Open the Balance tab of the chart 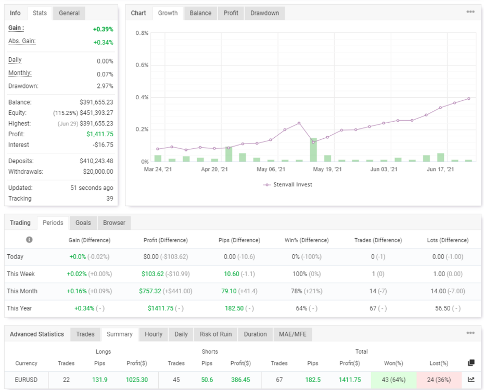tap(200, 13)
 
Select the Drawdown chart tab tap(264, 13)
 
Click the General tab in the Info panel tap(69, 13)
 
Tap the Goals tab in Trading tap(83, 223)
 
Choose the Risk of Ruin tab tap(215, 334)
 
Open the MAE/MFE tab tap(292, 334)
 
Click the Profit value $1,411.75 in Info tap(100, 134)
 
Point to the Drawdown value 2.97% tap(105, 86)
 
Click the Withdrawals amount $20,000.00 tap(98, 172)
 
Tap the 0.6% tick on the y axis tap(142, 65)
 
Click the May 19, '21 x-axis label tap(327, 169)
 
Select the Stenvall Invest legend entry tap(287, 185)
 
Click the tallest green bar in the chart tap(313, 150)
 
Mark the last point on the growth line tap(469, 99)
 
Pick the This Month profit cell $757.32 tap(150, 291)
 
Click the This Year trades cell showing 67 tap(373, 308)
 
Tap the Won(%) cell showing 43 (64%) tap(393, 380)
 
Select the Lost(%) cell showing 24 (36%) tap(439, 380)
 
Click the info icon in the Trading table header tap(29, 240)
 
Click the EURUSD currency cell tap(26, 380)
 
